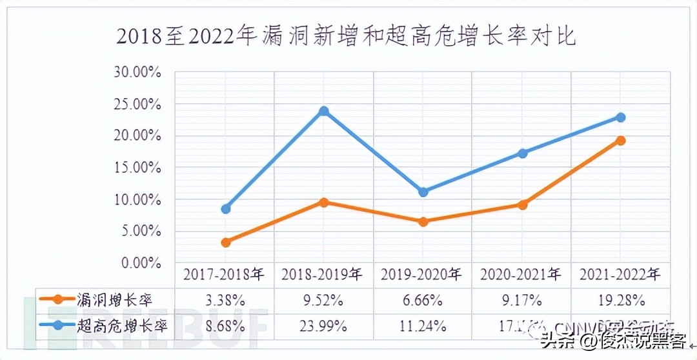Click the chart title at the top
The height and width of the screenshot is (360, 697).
[x=346, y=35]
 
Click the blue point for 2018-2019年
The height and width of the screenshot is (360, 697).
[x=324, y=111]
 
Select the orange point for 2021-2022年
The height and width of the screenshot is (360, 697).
[x=621, y=140]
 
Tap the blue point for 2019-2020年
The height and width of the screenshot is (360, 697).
[x=423, y=192]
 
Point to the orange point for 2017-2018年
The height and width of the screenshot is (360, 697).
[x=225, y=242]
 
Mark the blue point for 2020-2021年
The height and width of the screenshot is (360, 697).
[x=523, y=153]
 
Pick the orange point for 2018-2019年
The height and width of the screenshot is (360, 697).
[x=324, y=202]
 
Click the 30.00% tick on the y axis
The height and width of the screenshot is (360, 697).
[x=137, y=72]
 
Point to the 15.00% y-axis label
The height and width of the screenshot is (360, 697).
[x=137, y=167]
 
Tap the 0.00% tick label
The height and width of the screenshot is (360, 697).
[x=140, y=263]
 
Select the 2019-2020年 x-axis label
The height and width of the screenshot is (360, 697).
[x=423, y=275]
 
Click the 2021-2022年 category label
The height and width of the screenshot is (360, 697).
[x=621, y=275]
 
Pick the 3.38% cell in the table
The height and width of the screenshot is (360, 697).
[x=225, y=300]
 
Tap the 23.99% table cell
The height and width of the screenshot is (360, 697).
[x=324, y=325]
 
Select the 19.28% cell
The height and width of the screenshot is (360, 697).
[x=621, y=300]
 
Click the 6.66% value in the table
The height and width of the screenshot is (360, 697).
[x=423, y=300]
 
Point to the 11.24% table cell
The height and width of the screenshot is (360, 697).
[x=423, y=325]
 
